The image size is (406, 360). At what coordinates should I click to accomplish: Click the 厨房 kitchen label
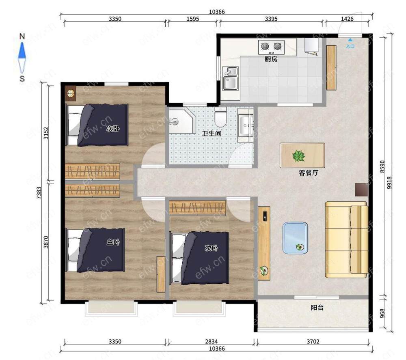[271, 59]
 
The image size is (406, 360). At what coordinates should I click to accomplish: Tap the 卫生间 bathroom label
[212, 134]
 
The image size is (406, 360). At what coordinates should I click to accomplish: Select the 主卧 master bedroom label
[113, 242]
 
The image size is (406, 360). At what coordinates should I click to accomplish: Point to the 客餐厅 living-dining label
[309, 172]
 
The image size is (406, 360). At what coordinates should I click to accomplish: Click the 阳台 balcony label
[317, 308]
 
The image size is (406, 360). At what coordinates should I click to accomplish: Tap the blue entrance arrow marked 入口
[350, 40]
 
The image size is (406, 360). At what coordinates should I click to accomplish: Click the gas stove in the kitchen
[271, 47]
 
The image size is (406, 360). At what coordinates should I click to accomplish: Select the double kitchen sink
[230, 78]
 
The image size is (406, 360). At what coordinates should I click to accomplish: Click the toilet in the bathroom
[220, 117]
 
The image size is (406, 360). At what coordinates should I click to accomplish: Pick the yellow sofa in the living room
[346, 239]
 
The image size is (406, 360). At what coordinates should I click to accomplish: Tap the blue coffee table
[295, 238]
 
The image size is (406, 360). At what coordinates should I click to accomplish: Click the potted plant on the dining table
[298, 156]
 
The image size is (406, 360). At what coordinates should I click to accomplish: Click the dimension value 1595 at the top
[192, 19]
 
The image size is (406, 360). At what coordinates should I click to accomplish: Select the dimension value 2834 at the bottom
[211, 341]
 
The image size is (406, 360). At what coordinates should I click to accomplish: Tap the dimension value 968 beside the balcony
[382, 313]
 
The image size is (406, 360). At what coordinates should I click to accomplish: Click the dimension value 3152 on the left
[46, 133]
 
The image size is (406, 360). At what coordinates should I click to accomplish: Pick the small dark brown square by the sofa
[361, 190]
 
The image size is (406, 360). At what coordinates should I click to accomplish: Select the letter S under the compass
[22, 78]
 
